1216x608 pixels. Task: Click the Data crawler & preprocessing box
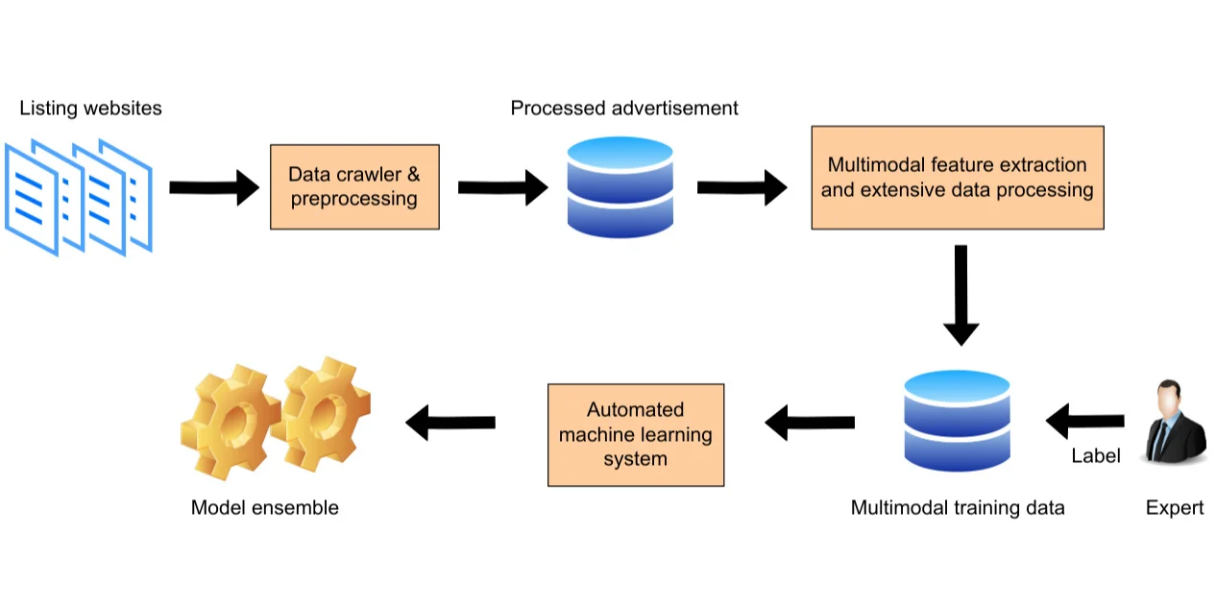[354, 187]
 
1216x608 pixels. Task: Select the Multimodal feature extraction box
[957, 178]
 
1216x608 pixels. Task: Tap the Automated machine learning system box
[635, 435]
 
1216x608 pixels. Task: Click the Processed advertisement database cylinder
[620, 187]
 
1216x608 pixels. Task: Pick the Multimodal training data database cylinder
[957, 421]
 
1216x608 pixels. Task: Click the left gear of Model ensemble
[229, 420]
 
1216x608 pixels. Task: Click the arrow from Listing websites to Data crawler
[214, 187]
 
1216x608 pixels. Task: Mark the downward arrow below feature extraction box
[961, 294]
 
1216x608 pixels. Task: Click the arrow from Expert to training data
[1085, 421]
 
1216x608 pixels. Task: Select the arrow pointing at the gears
[450, 422]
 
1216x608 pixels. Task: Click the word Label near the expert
[1096, 456]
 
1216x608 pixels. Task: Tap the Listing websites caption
[90, 109]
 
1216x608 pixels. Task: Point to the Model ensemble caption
[265, 507]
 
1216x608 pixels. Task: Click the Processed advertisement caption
[624, 109]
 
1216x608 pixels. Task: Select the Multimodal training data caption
[958, 507]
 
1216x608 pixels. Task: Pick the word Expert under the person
[1175, 507]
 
